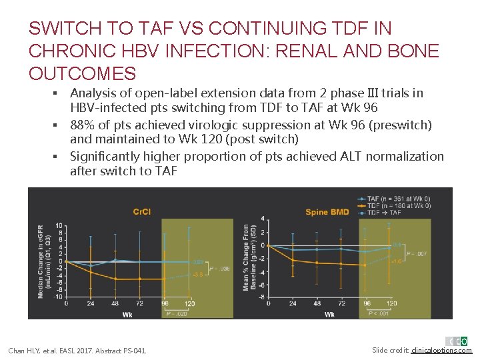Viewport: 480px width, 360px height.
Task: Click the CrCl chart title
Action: [x=141, y=212]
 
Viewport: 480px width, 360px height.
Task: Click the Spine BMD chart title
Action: [x=327, y=212]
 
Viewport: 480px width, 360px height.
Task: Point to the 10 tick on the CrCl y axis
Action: [x=59, y=225]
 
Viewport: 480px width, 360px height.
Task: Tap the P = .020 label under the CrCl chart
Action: [x=176, y=313]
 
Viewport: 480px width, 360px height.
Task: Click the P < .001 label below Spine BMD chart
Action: [x=379, y=313]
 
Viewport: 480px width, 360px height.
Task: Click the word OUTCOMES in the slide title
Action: [x=82, y=73]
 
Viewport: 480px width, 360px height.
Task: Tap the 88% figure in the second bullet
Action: [x=81, y=125]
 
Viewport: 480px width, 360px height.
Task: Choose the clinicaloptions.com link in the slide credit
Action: [x=441, y=351]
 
